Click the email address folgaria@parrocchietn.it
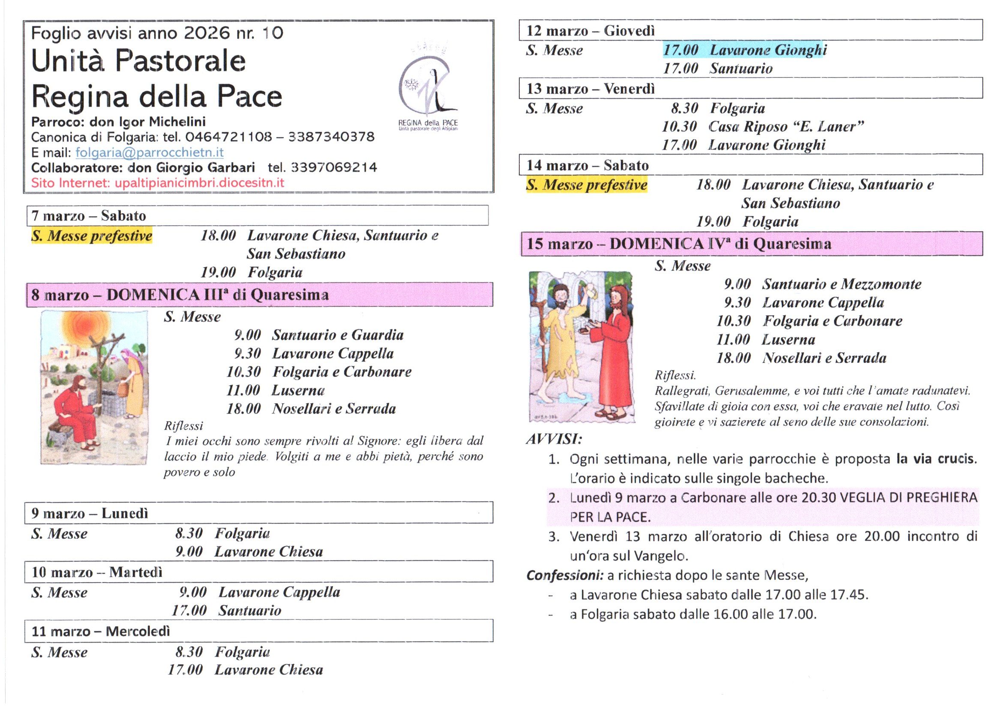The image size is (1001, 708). coord(149,152)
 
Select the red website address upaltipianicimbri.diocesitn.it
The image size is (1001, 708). coord(199,183)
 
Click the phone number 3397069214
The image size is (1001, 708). coord(334,167)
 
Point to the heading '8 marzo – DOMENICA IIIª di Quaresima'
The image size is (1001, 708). coord(180,295)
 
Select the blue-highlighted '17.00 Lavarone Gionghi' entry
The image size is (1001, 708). coord(745,50)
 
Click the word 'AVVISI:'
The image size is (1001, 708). coord(554,439)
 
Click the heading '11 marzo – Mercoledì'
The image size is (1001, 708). coord(101,631)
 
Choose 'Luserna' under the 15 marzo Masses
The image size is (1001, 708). coord(788,339)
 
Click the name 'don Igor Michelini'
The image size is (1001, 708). coord(147,122)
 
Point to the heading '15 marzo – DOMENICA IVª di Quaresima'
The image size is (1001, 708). coord(678,244)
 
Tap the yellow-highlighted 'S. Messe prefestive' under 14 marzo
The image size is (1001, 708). coord(587,185)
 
